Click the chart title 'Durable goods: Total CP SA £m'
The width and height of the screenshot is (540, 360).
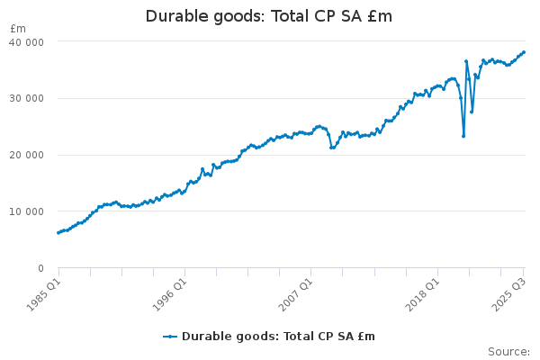coord(269,17)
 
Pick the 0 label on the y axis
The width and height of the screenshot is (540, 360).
coord(40,269)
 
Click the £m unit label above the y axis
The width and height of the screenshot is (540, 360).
coord(18,29)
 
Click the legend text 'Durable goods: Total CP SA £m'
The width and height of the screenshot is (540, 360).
coord(278,337)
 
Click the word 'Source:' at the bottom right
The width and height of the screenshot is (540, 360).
coord(508,352)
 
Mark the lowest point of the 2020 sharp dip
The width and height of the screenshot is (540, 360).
coord(463,136)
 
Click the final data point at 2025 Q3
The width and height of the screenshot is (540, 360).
coord(524,52)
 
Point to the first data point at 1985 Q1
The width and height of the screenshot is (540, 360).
coord(58,233)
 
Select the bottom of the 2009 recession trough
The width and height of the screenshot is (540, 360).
coord(332,148)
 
